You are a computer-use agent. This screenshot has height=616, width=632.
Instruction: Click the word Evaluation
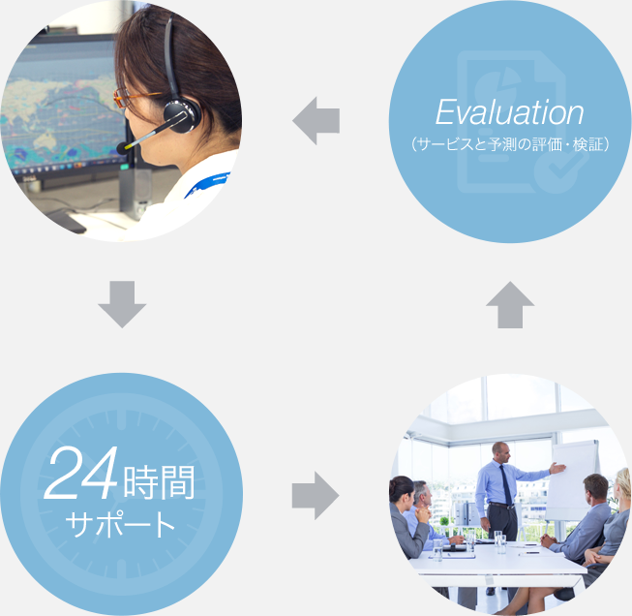pos(509,111)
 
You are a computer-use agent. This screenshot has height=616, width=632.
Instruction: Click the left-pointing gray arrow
pos(316,121)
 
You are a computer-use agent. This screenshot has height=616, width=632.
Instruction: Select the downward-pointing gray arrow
pos(122,304)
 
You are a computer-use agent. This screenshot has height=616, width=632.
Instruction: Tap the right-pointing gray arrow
pos(316,495)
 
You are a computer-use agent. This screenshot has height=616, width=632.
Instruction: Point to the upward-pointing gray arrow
pos(510,304)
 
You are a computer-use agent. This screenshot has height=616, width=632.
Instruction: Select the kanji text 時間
pos(159,482)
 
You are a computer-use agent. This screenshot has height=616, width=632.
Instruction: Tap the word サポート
pos(120,524)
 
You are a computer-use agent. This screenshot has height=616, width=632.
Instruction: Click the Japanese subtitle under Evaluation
pos(510,144)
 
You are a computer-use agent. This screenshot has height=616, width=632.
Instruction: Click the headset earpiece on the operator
pos(182,115)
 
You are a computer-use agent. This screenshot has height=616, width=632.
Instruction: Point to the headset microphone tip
pos(122,148)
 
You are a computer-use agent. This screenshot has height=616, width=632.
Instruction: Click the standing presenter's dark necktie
pos(506,485)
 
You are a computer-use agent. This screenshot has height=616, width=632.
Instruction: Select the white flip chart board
pos(571,480)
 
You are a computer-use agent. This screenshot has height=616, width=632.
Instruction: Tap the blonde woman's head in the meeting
pos(622,484)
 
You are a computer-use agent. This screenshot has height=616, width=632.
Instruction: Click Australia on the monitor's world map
pos(49,139)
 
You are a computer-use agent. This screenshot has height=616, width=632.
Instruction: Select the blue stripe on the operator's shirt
pos(208,184)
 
